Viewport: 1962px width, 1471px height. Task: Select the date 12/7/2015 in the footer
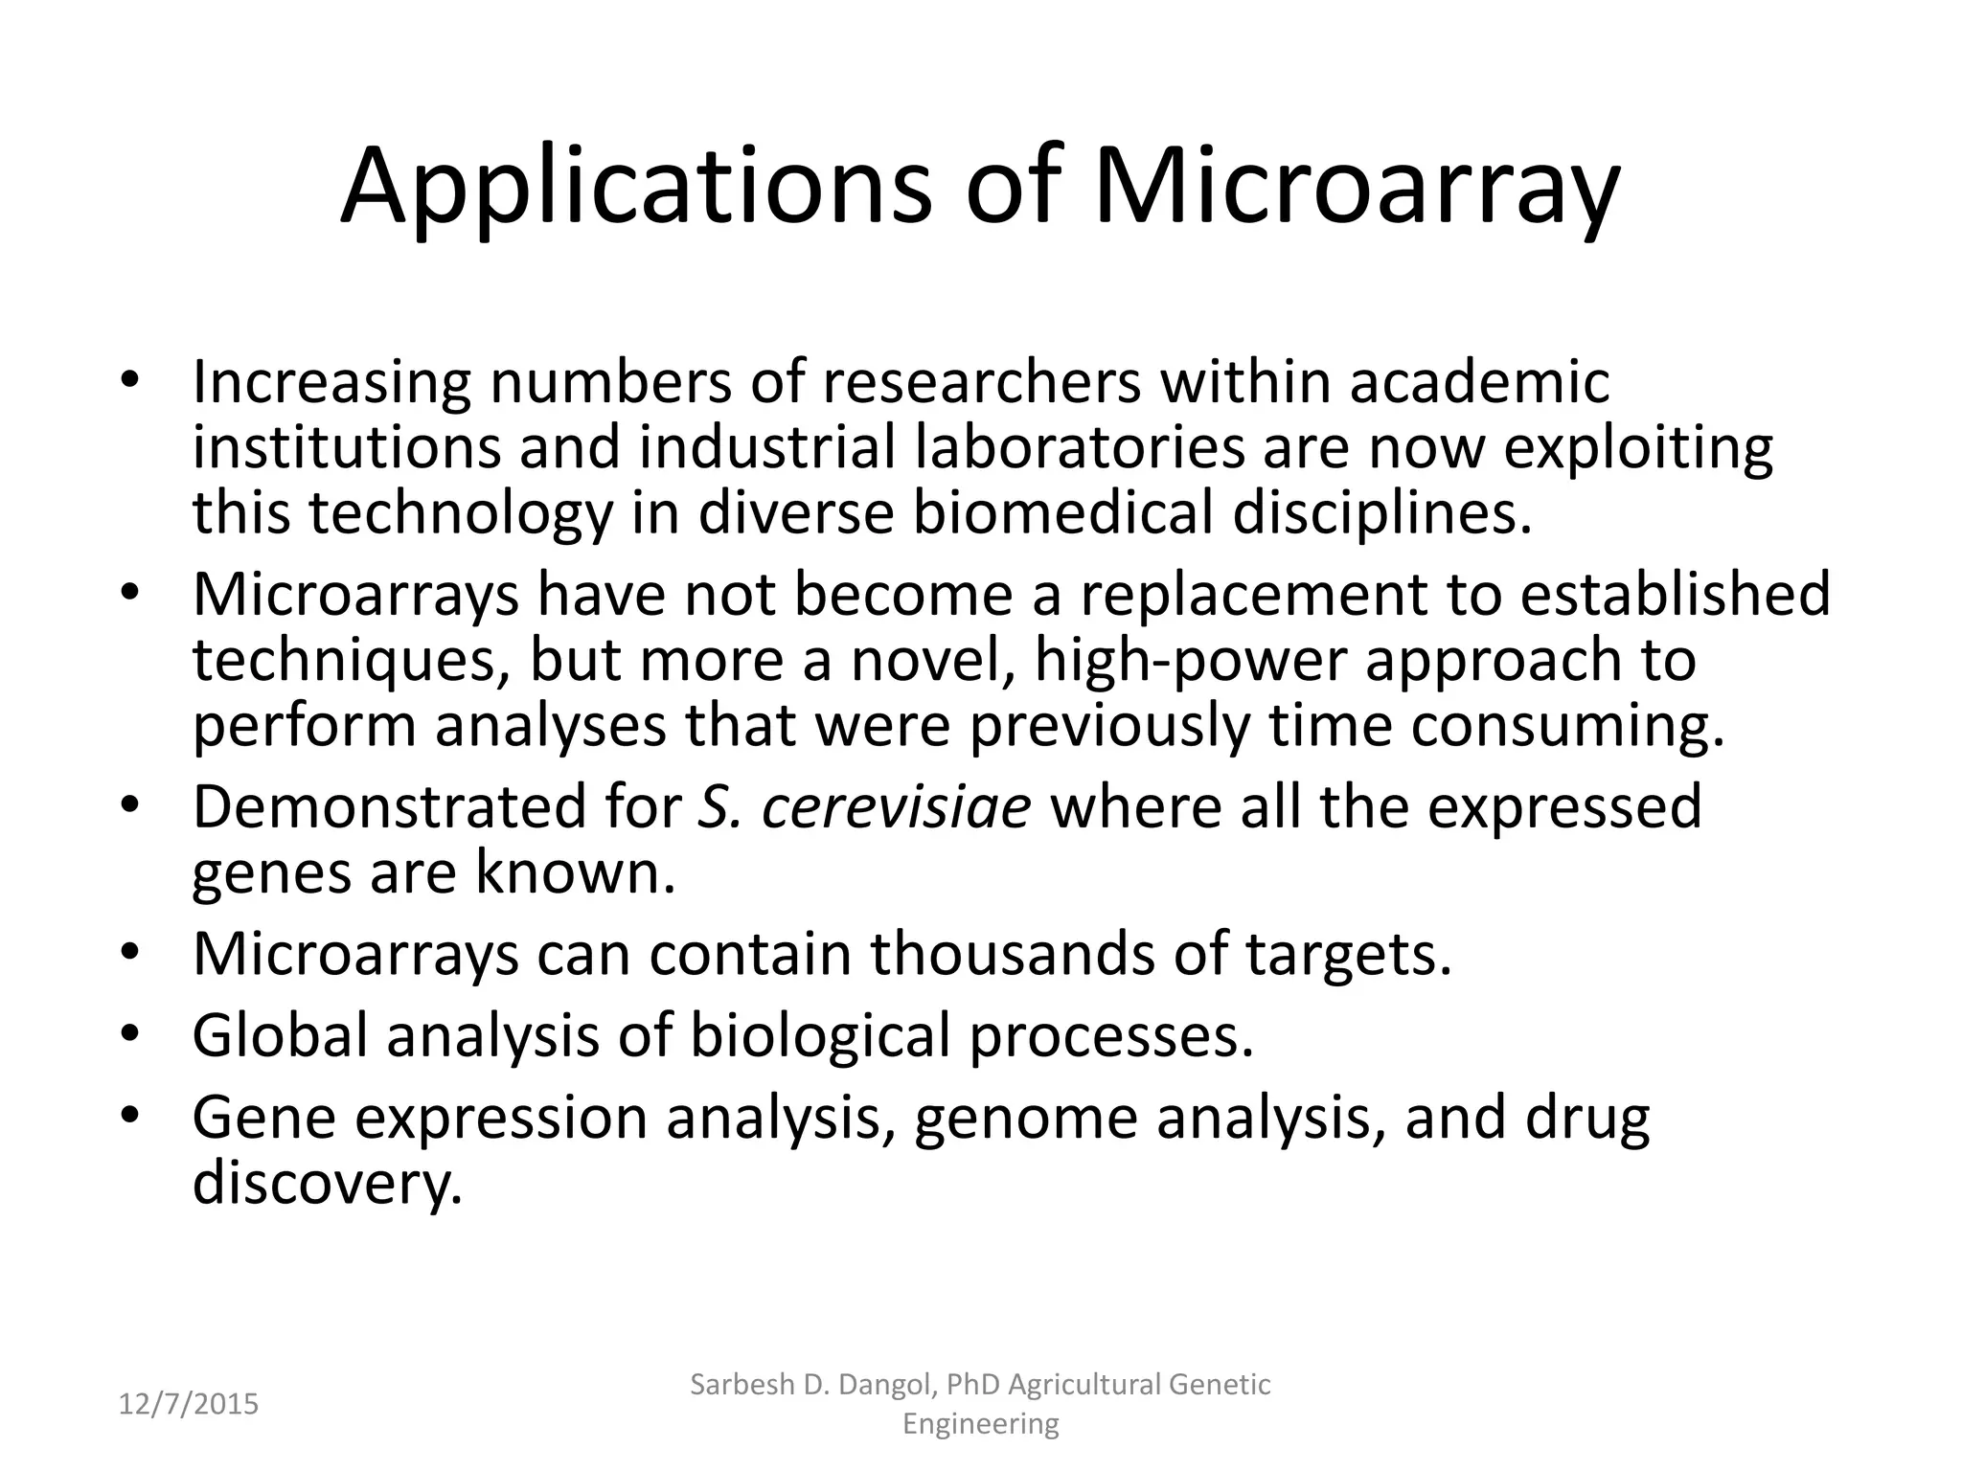(x=189, y=1404)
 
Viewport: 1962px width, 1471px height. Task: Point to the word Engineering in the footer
(x=981, y=1424)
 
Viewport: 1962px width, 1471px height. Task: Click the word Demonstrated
(x=389, y=806)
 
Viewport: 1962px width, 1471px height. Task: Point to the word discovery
(x=327, y=1184)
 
